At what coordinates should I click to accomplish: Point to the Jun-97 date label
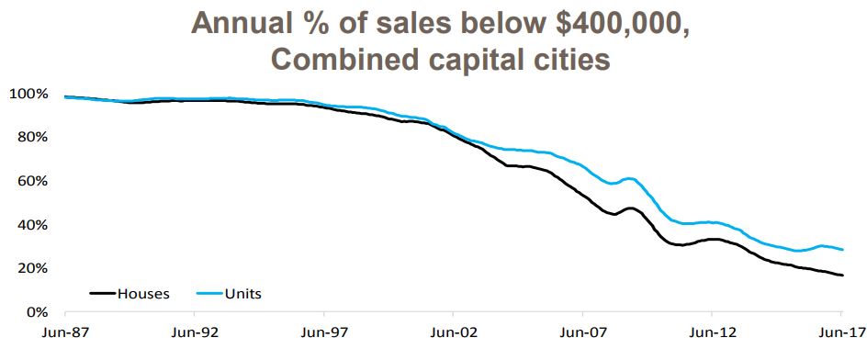pos(324,335)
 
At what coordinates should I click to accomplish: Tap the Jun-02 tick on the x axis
pos(455,335)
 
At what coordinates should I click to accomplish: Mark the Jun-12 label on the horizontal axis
pos(714,335)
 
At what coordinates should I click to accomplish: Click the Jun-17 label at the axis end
pos(840,335)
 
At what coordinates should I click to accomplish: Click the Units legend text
pos(243,294)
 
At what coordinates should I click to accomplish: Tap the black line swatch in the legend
pos(102,295)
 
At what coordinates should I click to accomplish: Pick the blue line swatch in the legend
pos(209,295)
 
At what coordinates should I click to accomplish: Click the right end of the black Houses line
pos(842,276)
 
